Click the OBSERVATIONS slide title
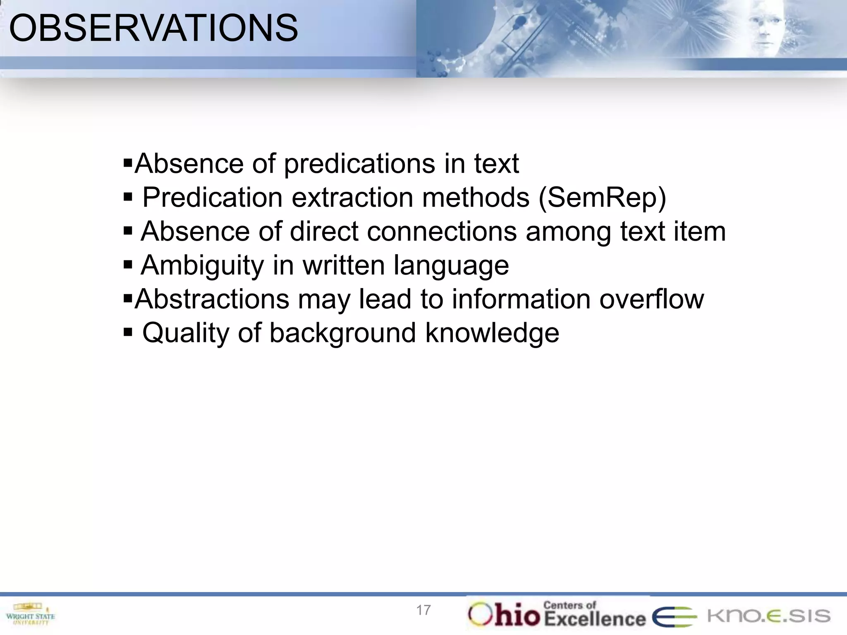click(153, 28)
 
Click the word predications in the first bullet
click(359, 164)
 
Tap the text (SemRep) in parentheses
click(602, 198)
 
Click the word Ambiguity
click(202, 265)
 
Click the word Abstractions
click(212, 299)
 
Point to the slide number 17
click(423, 610)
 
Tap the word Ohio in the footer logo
click(504, 615)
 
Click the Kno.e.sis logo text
click(768, 616)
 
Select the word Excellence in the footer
click(594, 619)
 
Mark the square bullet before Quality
click(128, 332)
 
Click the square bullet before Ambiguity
click(128, 264)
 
